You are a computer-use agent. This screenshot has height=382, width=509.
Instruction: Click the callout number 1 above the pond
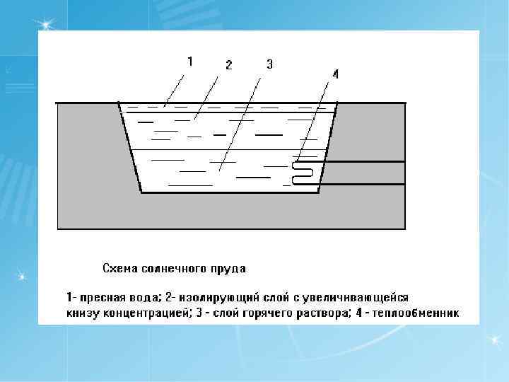pyautogui.click(x=189, y=62)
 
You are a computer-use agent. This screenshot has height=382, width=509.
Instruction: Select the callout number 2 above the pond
pyautogui.click(x=228, y=65)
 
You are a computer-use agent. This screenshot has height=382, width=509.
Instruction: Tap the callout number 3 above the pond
pyautogui.click(x=269, y=64)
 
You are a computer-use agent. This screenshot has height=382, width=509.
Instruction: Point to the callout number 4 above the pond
pyautogui.click(x=335, y=74)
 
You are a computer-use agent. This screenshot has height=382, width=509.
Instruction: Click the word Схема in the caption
pyautogui.click(x=120, y=269)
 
